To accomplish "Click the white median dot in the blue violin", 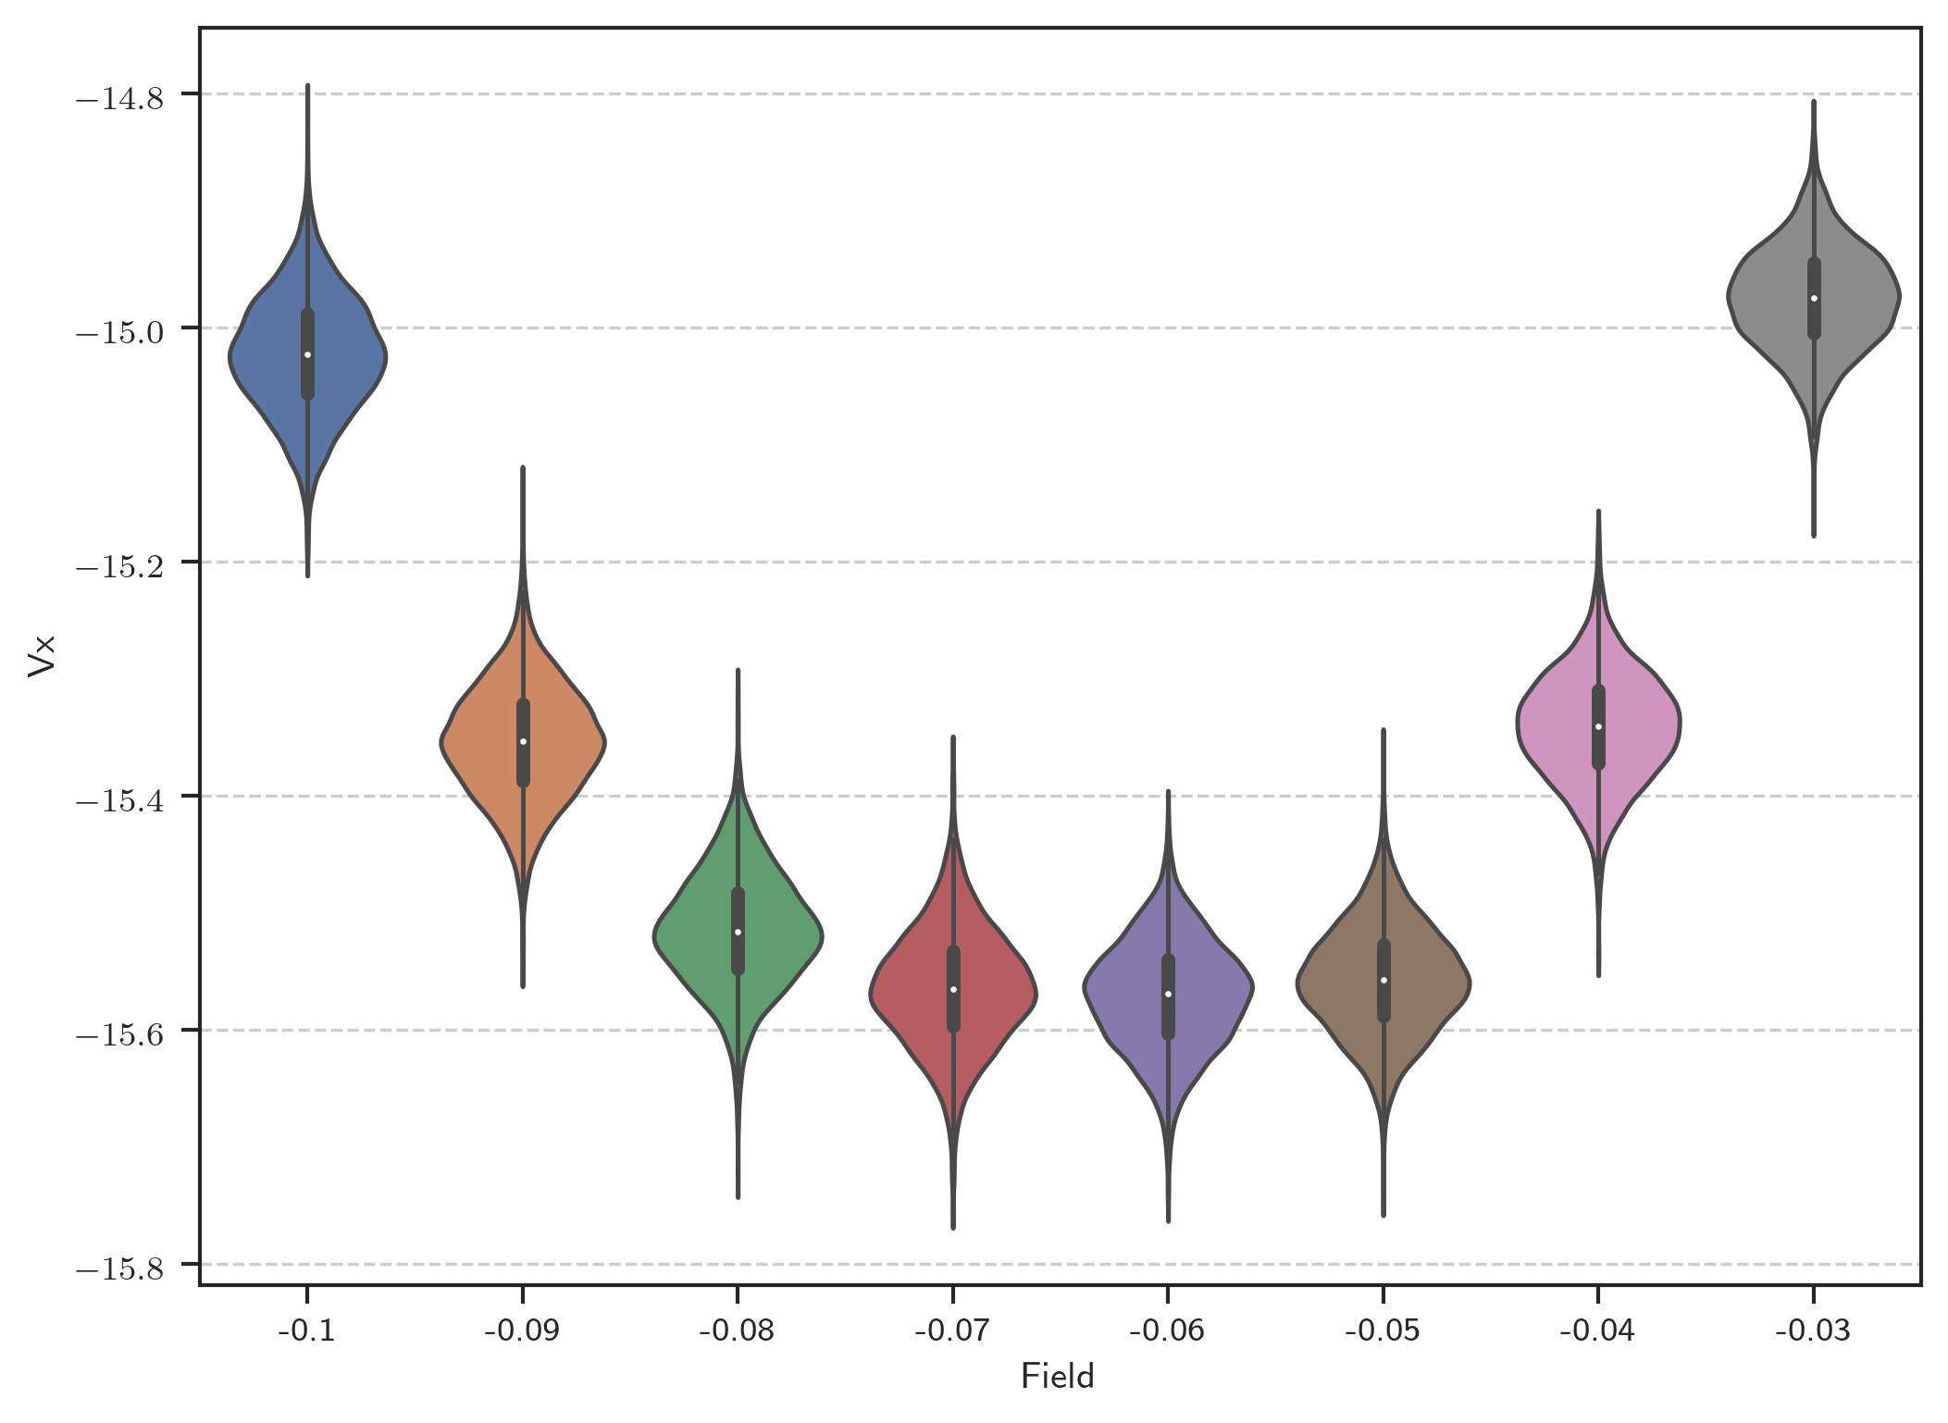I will click(307, 355).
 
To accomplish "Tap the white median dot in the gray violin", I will click(1814, 298).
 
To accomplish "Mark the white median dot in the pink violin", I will click(1598, 726).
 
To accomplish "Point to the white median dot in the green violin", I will click(738, 932).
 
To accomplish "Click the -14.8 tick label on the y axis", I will click(119, 97).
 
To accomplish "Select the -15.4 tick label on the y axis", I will click(119, 799).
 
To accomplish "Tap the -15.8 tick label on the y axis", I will click(119, 1267).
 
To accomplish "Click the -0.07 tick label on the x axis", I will click(952, 1330).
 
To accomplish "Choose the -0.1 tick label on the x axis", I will click(307, 1330).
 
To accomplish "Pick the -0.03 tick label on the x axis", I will click(1813, 1330).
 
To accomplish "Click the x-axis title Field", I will click(1058, 1377).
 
